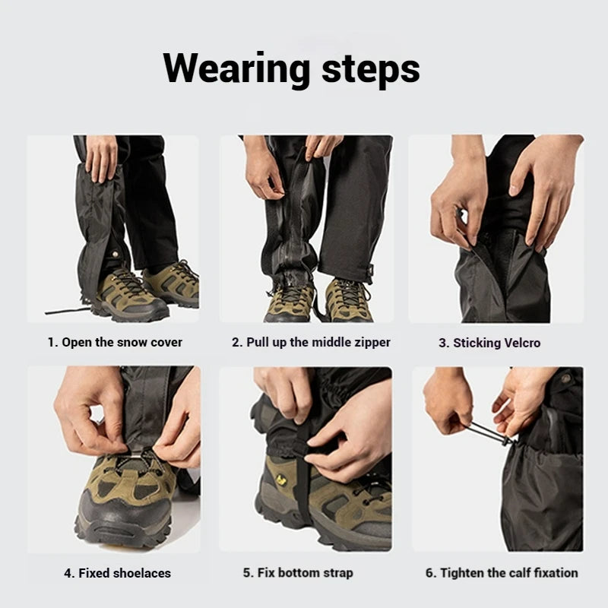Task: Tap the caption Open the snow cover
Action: pos(115,342)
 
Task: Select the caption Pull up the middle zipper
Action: pos(311,342)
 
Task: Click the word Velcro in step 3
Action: pos(517,343)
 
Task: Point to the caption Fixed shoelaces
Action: pos(117,572)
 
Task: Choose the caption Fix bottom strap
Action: pos(298,572)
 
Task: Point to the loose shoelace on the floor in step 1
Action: pos(65,311)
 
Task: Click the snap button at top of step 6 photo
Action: pos(565,378)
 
